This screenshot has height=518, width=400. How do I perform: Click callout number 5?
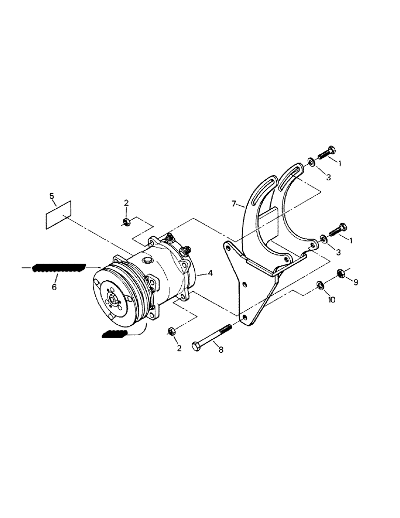(x=51, y=196)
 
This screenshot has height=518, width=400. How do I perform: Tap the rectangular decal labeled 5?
(x=58, y=214)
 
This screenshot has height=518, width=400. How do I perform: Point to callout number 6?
(x=54, y=287)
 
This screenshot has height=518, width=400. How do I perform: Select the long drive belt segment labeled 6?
(x=58, y=267)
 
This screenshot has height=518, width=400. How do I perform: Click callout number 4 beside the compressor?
(x=210, y=273)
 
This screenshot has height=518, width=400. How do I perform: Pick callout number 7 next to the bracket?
(x=234, y=204)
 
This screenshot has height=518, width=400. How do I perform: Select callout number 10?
(x=332, y=300)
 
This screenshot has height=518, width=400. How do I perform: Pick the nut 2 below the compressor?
(x=172, y=331)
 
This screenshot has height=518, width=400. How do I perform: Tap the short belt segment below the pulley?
(x=116, y=334)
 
